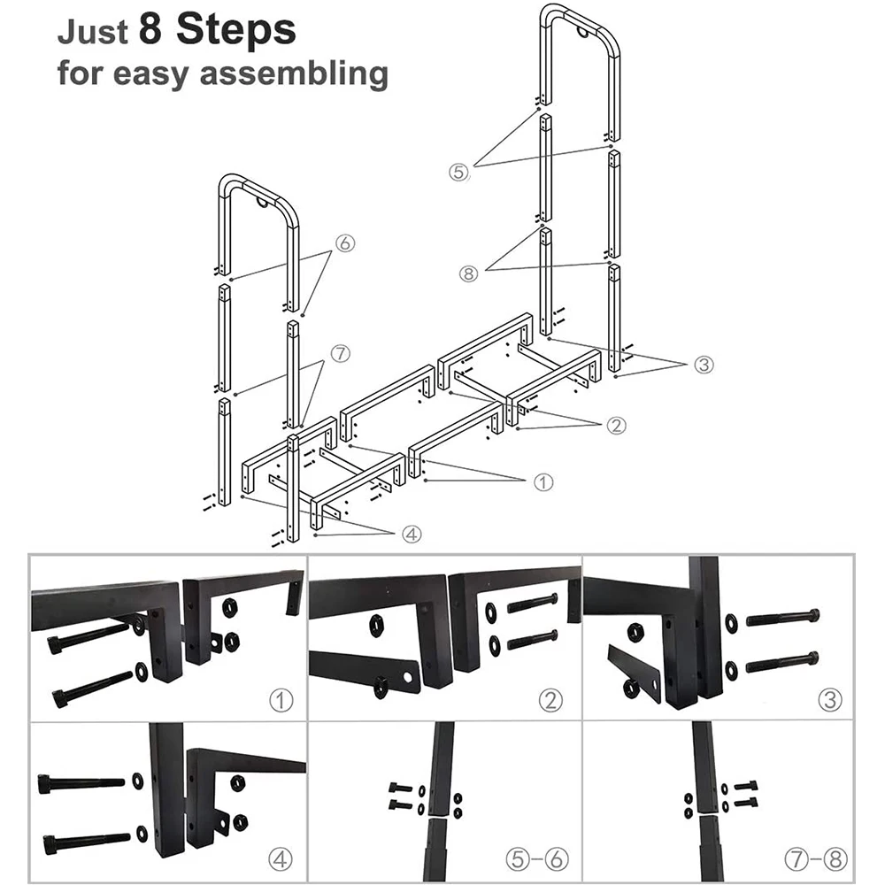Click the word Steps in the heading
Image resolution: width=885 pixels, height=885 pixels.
tap(235, 31)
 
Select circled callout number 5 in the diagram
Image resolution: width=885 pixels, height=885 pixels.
tap(458, 173)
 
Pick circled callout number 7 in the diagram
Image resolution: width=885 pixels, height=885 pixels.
tap(341, 354)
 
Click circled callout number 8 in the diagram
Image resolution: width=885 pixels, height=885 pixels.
tap(470, 273)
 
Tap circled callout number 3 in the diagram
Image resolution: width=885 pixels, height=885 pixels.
tap(704, 364)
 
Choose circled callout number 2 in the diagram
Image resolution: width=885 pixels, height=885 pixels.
tap(617, 425)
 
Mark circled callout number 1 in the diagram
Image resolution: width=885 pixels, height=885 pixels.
tap(543, 482)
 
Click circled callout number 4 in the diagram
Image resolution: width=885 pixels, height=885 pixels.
tap(412, 534)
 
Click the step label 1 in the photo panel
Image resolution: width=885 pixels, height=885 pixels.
tap(281, 702)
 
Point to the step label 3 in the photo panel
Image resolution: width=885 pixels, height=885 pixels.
tap(828, 702)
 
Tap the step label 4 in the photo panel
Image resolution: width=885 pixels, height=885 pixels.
tap(281, 858)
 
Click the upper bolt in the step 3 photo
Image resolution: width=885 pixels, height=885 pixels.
tap(782, 617)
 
